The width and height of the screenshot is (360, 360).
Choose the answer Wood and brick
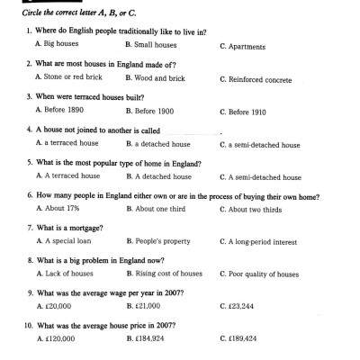click(157, 78)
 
